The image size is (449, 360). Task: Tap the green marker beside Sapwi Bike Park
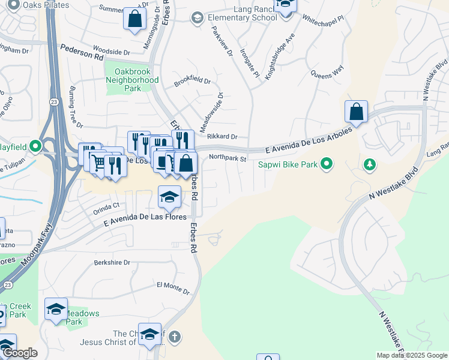click(x=327, y=163)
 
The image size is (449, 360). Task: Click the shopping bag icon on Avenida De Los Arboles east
click(x=356, y=112)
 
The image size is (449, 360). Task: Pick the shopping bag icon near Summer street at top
click(x=135, y=19)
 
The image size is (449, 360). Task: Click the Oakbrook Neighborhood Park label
click(x=132, y=80)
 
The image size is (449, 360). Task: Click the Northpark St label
click(x=228, y=158)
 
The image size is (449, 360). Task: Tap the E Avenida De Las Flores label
click(x=145, y=220)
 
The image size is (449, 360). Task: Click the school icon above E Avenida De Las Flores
click(x=170, y=196)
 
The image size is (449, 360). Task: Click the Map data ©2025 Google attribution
click(x=412, y=355)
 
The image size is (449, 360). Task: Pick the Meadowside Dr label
click(x=220, y=112)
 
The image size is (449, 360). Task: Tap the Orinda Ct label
click(x=106, y=208)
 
